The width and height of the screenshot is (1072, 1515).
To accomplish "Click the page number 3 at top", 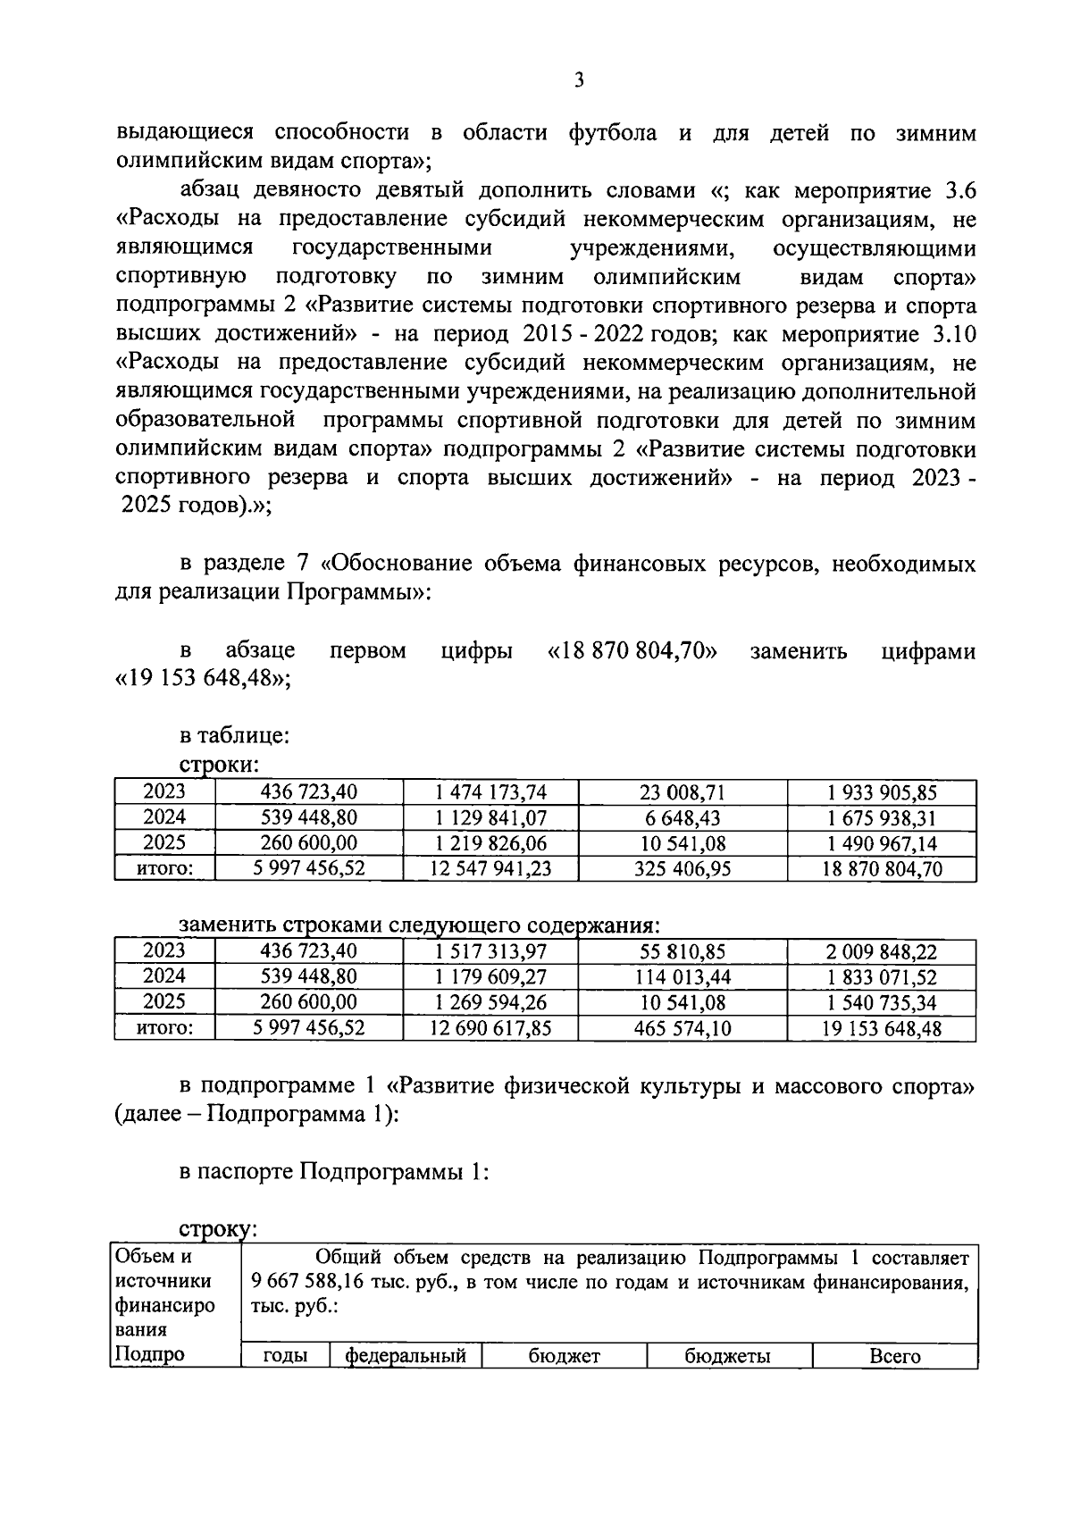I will [579, 81].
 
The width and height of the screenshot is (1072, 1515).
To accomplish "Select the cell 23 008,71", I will [682, 792].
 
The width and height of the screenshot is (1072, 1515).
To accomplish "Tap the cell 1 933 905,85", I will [882, 792].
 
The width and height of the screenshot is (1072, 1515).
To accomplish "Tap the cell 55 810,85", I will [682, 952].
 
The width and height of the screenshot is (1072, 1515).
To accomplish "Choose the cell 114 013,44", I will [682, 977].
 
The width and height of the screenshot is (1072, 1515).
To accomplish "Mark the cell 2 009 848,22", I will [882, 952].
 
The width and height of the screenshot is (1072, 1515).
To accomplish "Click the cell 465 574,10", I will [682, 1029].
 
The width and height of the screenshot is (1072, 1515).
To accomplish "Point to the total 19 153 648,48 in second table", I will [882, 1029].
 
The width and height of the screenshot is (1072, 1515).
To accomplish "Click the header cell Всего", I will [894, 1356].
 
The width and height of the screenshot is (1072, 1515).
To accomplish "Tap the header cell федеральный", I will [406, 1356].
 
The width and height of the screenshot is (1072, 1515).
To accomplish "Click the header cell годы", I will [285, 1356].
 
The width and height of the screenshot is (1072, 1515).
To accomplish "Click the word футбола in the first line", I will [612, 133].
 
